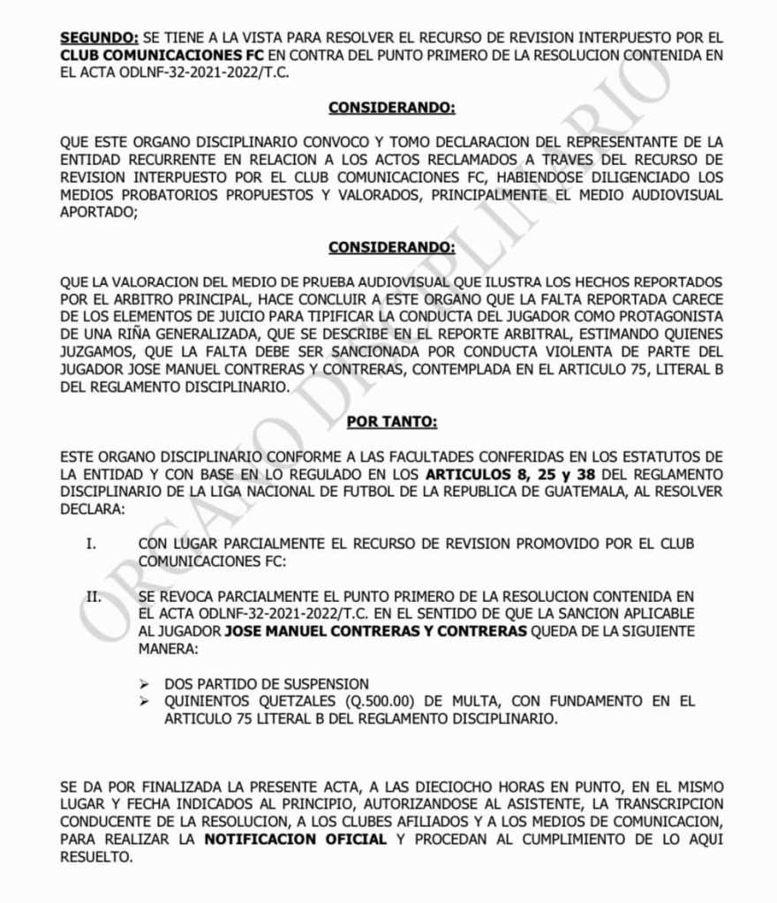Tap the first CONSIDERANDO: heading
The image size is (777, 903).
(391, 108)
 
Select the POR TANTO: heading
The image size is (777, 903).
(391, 421)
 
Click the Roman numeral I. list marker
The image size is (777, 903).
(91, 543)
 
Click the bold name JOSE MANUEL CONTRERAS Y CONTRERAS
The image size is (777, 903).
(376, 631)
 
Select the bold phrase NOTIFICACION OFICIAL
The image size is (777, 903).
(295, 839)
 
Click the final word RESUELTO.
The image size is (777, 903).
(96, 857)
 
